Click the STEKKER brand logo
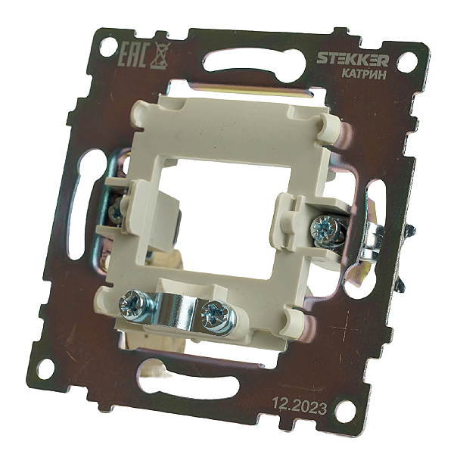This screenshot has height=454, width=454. pos(353,60)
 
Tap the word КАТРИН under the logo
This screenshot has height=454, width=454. pos(364,75)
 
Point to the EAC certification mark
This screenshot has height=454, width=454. pos(135,55)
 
